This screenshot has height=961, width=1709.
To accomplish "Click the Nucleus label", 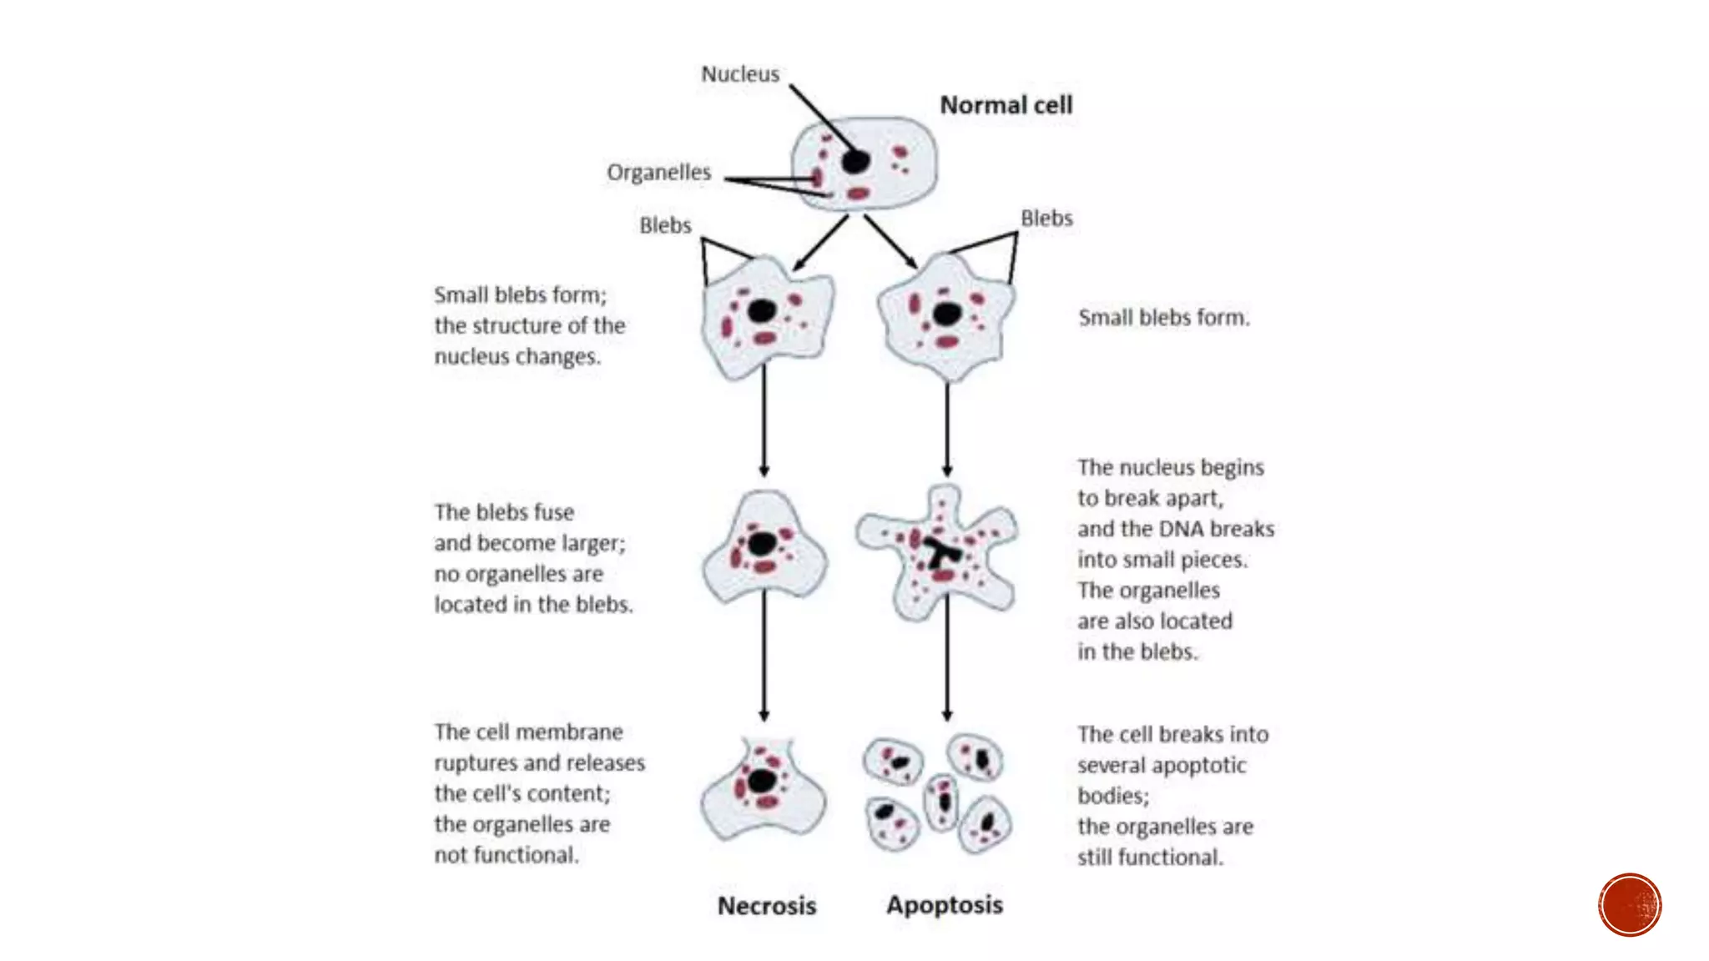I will pyautogui.click(x=739, y=74).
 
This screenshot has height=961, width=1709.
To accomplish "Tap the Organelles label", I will pyautogui.click(x=658, y=172).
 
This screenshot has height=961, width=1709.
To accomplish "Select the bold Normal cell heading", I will pyautogui.click(x=1006, y=105).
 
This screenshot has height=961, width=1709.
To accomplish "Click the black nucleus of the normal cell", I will pyautogui.click(x=855, y=161).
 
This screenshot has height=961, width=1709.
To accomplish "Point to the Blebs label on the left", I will pyautogui.click(x=665, y=225).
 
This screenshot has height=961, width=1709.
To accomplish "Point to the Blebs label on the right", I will pyautogui.click(x=1046, y=219).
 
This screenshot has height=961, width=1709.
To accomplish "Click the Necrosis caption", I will pyautogui.click(x=766, y=905).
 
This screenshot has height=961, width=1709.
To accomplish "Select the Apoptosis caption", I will pyautogui.click(x=944, y=904).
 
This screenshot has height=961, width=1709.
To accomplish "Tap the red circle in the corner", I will pyautogui.click(x=1629, y=904).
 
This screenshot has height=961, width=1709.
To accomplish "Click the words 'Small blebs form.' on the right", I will pyautogui.click(x=1163, y=318).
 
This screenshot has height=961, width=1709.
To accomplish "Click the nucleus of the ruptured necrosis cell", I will pyautogui.click(x=761, y=781).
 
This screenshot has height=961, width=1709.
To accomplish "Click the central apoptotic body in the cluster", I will pyautogui.click(x=942, y=801).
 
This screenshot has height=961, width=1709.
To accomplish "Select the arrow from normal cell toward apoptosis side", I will pyautogui.click(x=890, y=241).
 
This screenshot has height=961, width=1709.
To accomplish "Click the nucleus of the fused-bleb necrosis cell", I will pyautogui.click(x=761, y=544).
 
